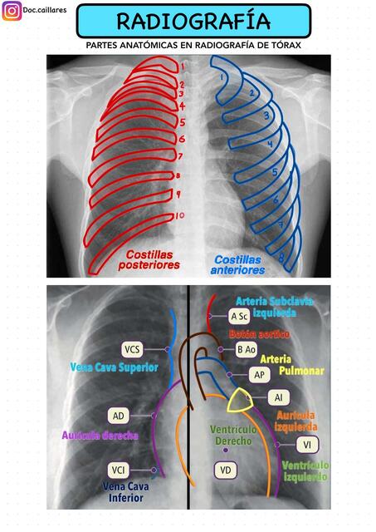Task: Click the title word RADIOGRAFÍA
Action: [x=193, y=21]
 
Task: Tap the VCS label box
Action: [x=133, y=348]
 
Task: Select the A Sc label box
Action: [x=239, y=316]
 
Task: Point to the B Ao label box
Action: [x=246, y=350]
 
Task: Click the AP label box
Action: [x=259, y=375]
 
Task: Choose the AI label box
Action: [x=278, y=398]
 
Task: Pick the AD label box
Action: [x=119, y=414]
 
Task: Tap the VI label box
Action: [x=308, y=444]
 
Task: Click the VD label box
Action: [x=225, y=470]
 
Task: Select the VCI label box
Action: [x=120, y=470]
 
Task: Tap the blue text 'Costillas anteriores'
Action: [x=238, y=264]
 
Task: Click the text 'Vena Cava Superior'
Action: [x=104, y=367]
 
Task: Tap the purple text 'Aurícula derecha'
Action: [x=100, y=435]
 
